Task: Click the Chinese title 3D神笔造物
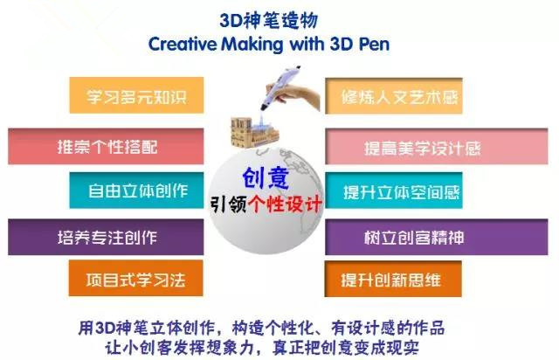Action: (268, 20)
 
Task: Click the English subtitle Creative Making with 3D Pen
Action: (269, 45)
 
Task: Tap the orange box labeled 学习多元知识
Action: (136, 95)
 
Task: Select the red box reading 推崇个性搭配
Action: (106, 146)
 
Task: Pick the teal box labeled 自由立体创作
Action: (136, 190)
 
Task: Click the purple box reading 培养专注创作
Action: (106, 238)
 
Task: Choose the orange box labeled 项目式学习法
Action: (136, 278)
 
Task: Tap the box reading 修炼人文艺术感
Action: (394, 96)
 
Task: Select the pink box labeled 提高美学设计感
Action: (437, 147)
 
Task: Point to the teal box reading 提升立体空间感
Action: (394, 190)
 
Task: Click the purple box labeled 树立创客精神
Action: (437, 238)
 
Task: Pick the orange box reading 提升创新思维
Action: (393, 279)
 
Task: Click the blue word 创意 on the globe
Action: (266, 178)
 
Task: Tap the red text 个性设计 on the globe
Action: (286, 204)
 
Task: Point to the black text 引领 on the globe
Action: (228, 204)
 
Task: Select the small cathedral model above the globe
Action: (254, 132)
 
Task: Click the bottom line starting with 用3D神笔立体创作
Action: (261, 328)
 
